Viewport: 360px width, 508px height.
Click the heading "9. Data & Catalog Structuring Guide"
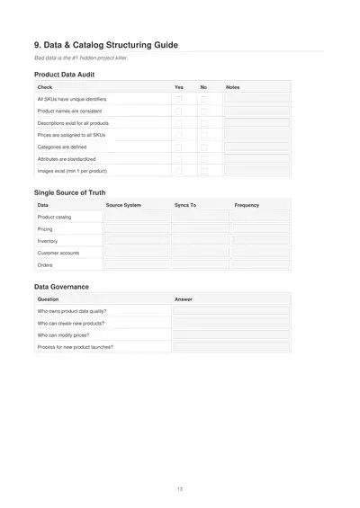coord(105,44)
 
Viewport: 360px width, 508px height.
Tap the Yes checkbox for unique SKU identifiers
coord(178,98)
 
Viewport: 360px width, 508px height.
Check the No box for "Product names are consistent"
coord(203,110)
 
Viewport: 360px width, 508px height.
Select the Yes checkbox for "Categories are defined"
coord(178,146)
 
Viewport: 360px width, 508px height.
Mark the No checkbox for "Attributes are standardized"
coord(203,158)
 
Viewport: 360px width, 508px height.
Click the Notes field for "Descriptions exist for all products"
coord(256,122)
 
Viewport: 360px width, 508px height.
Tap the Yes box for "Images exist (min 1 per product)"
coord(178,170)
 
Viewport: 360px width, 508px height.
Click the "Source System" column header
coord(123,205)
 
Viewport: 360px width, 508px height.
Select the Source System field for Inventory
coord(136,241)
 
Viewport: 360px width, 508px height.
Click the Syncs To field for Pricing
coord(200,229)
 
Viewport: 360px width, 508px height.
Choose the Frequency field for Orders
coord(261,265)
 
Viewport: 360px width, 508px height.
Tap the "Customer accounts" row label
coord(58,254)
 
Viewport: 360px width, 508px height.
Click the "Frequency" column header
coord(247,205)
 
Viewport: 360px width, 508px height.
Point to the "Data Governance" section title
coord(61,286)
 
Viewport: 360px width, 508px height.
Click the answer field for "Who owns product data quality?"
coord(230,310)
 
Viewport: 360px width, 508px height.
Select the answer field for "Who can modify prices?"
coord(230,334)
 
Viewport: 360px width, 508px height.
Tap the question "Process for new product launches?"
coord(75,346)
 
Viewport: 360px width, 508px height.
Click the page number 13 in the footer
coord(180,488)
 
